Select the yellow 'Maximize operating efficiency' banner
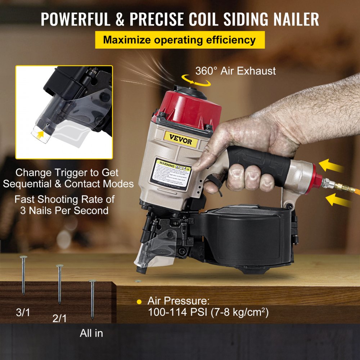coord(180,40)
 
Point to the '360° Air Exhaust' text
coord(235,71)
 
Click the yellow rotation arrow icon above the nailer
coord(196,80)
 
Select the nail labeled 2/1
coord(59,284)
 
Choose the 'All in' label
coord(91,333)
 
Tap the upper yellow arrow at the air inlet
coord(332,166)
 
